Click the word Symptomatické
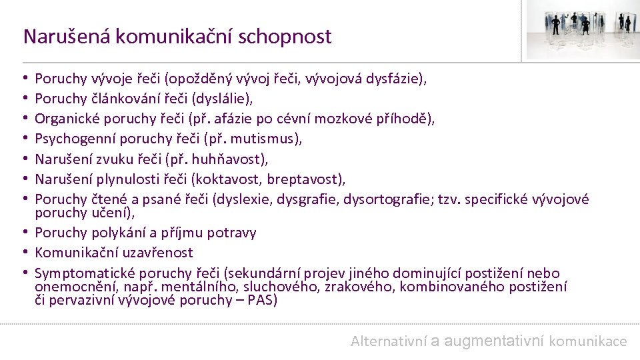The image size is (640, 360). tap(80, 273)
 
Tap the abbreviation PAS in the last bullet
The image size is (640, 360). tap(260, 300)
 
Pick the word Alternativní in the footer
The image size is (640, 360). tap(388, 341)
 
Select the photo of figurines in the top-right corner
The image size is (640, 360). tap(582, 31)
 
